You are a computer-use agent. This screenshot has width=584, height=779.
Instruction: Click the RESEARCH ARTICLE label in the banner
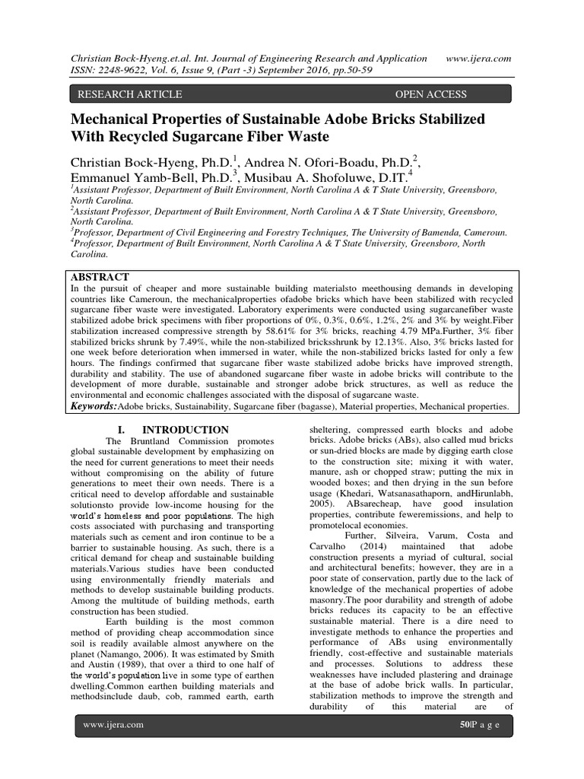coord(126,94)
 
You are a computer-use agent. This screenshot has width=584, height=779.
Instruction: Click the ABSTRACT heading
coord(100,277)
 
